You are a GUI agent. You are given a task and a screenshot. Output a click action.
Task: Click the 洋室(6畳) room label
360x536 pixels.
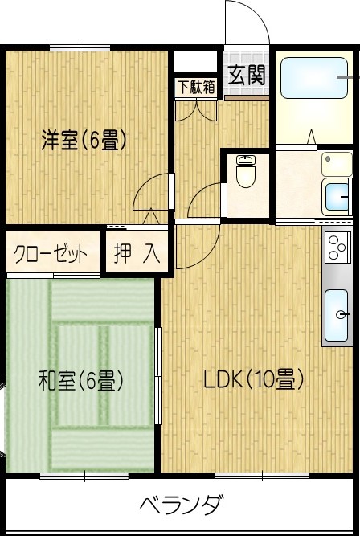tap(84, 141)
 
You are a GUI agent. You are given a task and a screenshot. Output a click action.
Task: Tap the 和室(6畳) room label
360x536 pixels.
tap(80, 380)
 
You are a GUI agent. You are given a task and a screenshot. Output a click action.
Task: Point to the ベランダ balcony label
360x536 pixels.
tap(181, 506)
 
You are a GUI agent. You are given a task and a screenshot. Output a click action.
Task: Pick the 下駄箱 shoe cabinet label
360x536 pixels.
tap(196, 87)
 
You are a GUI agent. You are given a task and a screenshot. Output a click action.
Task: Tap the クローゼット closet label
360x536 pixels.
tap(51, 255)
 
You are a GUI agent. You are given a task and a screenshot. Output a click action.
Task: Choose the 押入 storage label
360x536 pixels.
tap(137, 255)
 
